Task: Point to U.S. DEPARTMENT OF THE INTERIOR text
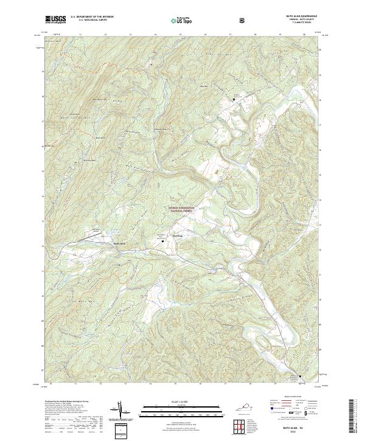[x=91, y=17]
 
